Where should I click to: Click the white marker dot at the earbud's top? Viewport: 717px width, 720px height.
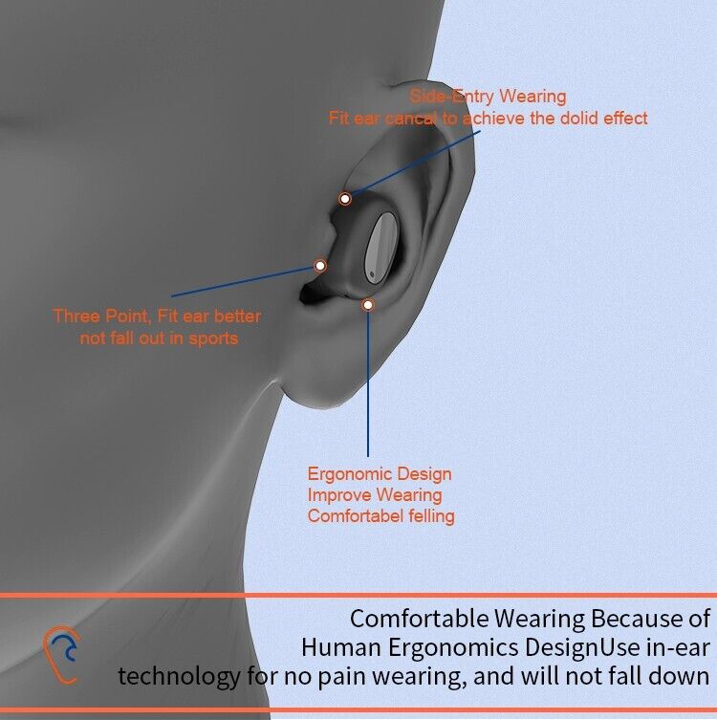[x=345, y=199]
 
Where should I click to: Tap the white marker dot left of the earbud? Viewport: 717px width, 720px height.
[x=320, y=266]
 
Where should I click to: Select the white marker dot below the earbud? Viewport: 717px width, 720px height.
[x=368, y=305]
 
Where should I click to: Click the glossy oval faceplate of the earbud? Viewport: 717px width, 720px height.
[x=380, y=249]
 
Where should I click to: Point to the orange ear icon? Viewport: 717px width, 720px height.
[x=61, y=655]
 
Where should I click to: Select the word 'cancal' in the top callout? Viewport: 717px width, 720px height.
[x=410, y=119]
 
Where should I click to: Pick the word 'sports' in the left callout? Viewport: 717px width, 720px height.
[x=213, y=338]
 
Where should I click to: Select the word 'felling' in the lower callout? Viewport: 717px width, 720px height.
[x=431, y=516]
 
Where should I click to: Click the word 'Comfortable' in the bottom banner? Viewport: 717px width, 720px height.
[x=419, y=619]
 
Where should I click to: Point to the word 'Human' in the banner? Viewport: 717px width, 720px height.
[x=341, y=647]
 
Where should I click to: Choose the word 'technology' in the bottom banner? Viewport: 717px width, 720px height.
[x=179, y=676]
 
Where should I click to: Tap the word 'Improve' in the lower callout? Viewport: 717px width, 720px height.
[x=337, y=495]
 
